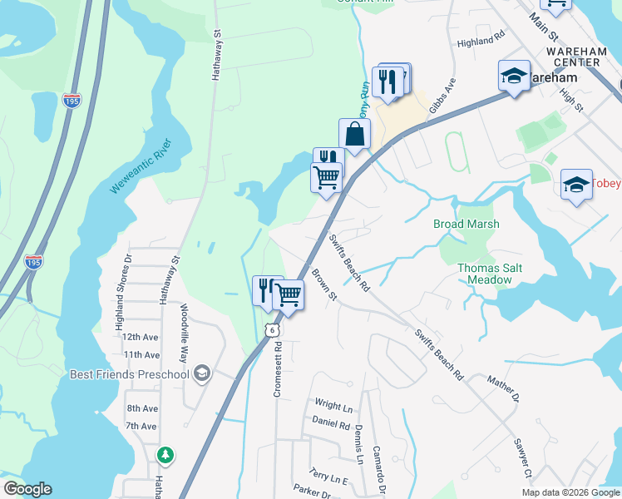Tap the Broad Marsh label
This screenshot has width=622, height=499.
(x=466, y=224)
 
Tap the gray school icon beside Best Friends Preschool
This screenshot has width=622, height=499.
(x=200, y=374)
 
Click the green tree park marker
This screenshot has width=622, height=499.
(x=166, y=454)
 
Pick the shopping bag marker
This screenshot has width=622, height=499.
(x=354, y=135)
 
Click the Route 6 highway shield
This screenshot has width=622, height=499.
(x=272, y=330)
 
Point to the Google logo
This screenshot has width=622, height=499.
(x=27, y=489)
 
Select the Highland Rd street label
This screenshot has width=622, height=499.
(x=481, y=38)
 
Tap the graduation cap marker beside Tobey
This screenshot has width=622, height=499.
(x=576, y=185)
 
